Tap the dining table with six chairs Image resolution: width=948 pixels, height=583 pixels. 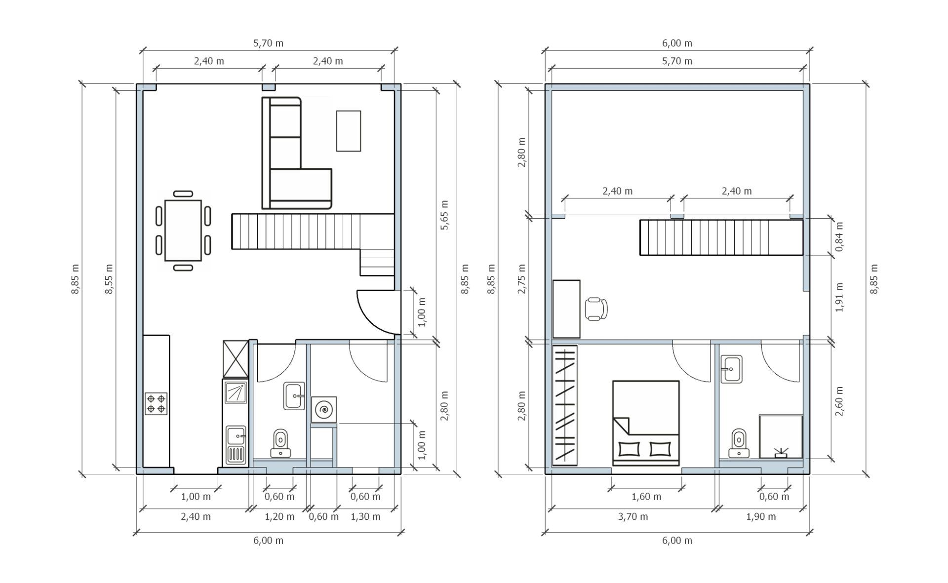[183, 230]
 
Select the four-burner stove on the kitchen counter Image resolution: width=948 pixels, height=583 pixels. [156, 403]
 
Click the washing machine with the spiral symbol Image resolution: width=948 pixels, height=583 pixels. [324, 409]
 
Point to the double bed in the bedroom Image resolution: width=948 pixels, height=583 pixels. [646, 423]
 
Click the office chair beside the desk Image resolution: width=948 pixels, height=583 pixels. [596, 310]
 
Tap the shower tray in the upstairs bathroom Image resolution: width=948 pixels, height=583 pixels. [781, 436]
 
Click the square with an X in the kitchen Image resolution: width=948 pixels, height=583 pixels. [236, 359]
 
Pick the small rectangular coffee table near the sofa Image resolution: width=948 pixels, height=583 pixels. [349, 131]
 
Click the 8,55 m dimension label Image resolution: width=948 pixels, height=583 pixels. [109, 279]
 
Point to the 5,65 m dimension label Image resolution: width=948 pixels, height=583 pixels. [444, 215]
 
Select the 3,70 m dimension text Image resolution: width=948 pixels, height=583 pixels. [633, 517]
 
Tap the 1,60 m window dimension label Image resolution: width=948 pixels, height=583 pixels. [646, 497]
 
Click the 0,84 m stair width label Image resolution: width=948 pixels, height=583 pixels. [839, 236]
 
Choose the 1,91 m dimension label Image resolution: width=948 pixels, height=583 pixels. [839, 298]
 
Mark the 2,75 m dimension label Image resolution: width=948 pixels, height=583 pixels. [522, 279]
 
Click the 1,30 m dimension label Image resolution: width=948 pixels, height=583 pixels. [365, 517]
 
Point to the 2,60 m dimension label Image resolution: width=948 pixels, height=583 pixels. [839, 401]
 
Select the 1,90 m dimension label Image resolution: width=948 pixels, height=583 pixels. [761, 517]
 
